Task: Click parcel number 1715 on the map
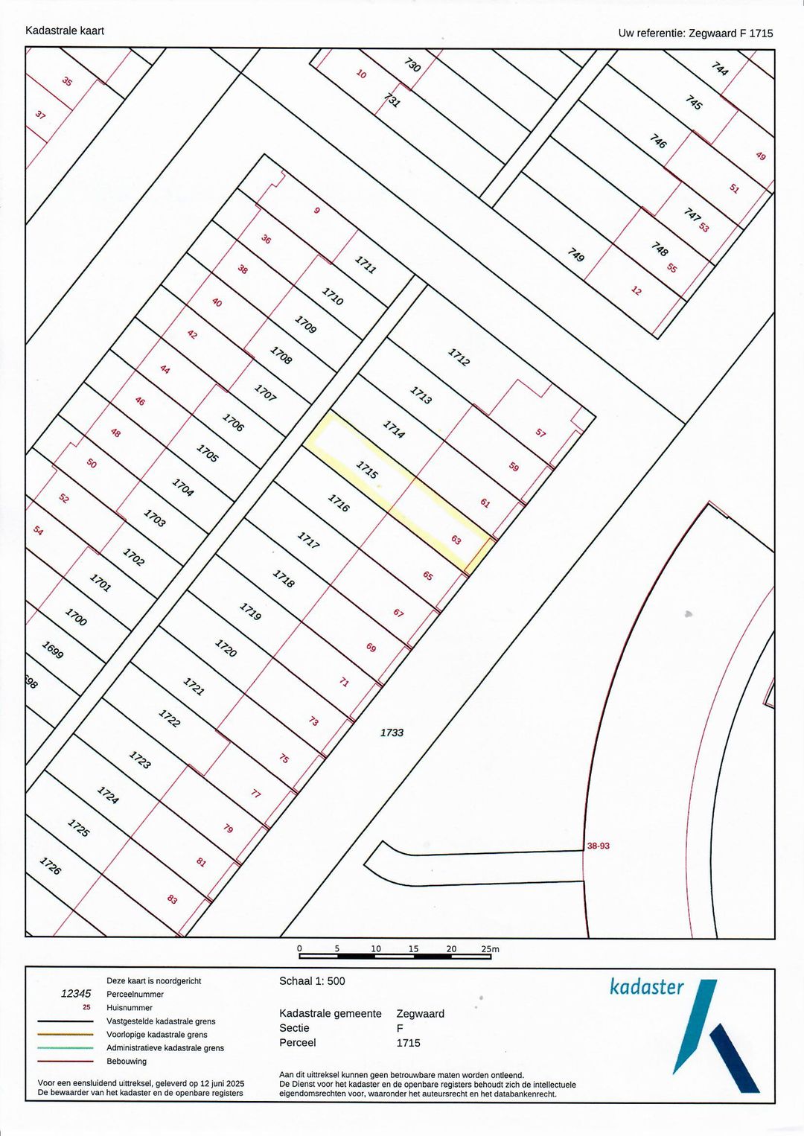click(367, 469)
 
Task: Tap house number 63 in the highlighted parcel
click(456, 540)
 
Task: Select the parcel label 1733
click(392, 733)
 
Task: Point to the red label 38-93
click(598, 846)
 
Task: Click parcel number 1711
click(366, 264)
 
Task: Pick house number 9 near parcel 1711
click(316, 211)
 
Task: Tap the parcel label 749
click(576, 255)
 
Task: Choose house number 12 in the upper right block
click(636, 290)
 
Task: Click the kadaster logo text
click(646, 987)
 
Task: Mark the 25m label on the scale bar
click(490, 949)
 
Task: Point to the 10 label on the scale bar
click(376, 948)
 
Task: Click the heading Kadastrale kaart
click(65, 31)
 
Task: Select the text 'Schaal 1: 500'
click(312, 981)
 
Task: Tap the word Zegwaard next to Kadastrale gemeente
click(420, 1013)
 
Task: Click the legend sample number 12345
click(76, 994)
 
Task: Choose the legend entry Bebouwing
click(127, 1061)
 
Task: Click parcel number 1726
click(51, 866)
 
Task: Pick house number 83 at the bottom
click(172, 899)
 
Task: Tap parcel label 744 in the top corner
click(720, 68)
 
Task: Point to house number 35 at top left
click(67, 81)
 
